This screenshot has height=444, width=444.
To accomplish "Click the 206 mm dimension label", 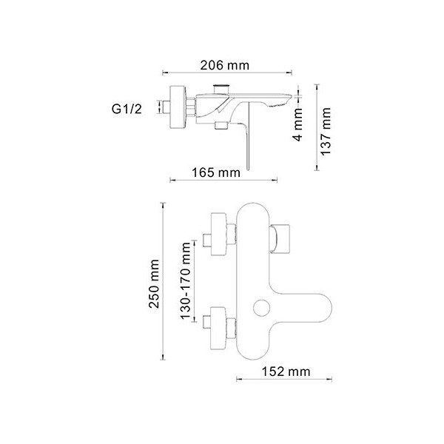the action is pyautogui.click(x=224, y=65).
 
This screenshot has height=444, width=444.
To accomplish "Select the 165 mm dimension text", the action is pyautogui.click(x=216, y=172).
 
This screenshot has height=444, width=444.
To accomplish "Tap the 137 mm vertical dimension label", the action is pyautogui.click(x=326, y=131).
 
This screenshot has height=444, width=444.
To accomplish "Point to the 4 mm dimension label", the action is pyautogui.click(x=297, y=125).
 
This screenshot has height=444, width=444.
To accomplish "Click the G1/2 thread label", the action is pyautogui.click(x=127, y=109).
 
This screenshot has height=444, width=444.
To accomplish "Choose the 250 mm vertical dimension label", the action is pyautogui.click(x=155, y=283).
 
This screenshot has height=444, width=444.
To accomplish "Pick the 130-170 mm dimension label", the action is pyautogui.click(x=186, y=280).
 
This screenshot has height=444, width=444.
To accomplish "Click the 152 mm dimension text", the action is pyautogui.click(x=286, y=371).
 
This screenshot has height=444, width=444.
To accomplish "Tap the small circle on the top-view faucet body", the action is pyautogui.click(x=261, y=308).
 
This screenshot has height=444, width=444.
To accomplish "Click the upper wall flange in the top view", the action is pyautogui.click(x=218, y=234).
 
